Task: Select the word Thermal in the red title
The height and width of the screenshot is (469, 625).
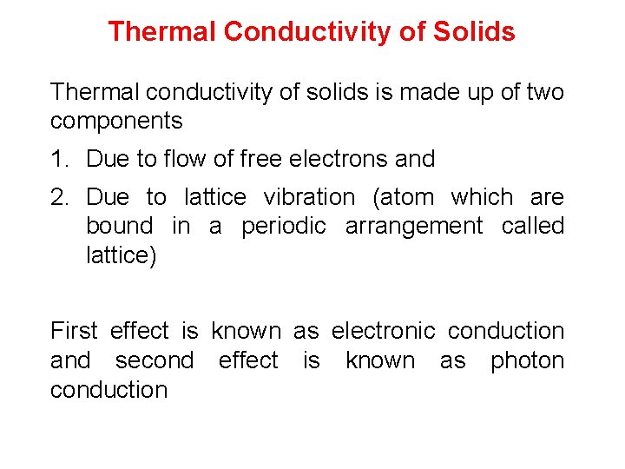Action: coord(161,32)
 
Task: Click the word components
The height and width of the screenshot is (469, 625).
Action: coord(116,121)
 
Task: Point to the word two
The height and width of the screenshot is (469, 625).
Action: coord(543,91)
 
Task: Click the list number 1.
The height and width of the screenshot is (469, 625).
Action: coord(59,159)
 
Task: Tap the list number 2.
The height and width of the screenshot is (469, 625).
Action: coord(59,197)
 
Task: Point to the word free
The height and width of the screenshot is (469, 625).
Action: coord(260,159)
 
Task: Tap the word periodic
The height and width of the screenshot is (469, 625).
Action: coord(284,227)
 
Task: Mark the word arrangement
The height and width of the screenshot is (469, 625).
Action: coord(414,227)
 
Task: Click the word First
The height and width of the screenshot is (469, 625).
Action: coord(74,331)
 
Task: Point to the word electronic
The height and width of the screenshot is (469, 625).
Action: coord(383,331)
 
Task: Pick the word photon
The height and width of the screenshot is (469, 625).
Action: coord(527,360)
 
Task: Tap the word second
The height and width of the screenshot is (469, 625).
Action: coord(155,360)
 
